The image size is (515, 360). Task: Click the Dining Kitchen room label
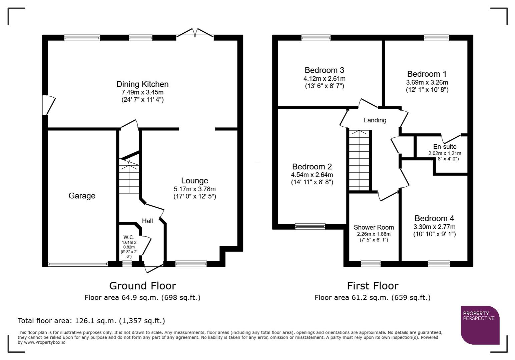tap(142, 84)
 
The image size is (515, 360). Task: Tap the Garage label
tap(82, 196)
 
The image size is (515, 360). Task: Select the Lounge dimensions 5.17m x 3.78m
tap(194, 189)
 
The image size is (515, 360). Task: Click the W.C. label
tap(128, 237)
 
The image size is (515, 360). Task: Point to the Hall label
tap(147, 221)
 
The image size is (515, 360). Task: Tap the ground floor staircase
tap(129, 177)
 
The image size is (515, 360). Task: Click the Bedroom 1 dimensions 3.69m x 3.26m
tap(427, 82)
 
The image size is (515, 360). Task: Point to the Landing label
tap(375, 120)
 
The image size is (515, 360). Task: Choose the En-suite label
tap(445, 146)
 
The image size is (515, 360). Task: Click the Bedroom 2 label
tap(312, 166)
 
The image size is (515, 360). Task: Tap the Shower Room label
tap(374, 227)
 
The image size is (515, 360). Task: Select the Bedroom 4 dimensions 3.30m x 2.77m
tap(434, 227)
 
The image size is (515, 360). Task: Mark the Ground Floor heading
tap(142, 286)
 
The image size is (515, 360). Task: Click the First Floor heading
tap(373, 286)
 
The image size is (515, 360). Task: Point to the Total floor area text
tap(91, 321)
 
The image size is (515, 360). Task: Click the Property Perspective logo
tap(480, 325)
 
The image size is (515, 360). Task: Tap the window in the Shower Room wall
tap(371, 264)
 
